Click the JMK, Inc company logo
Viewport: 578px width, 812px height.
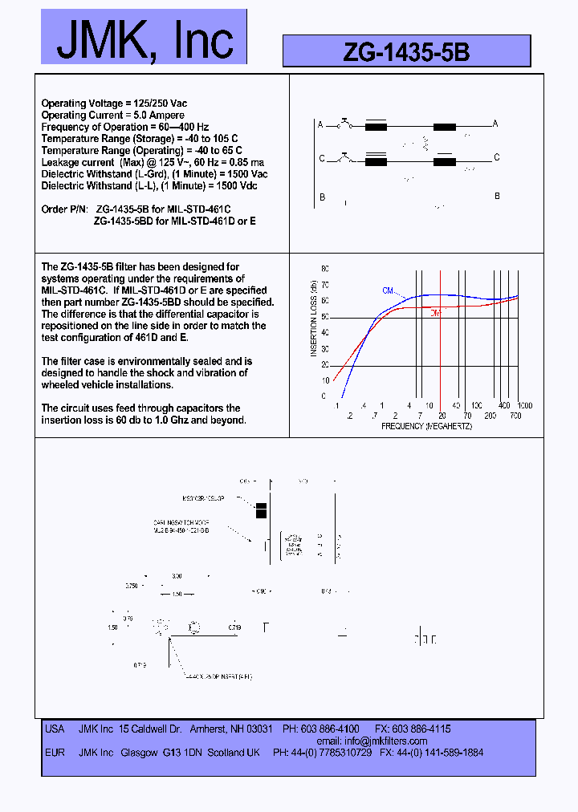tap(144, 38)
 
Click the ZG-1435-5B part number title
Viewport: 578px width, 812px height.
tap(406, 52)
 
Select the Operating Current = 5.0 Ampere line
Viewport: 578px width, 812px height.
tap(112, 116)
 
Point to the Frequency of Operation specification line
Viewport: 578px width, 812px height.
tap(124, 127)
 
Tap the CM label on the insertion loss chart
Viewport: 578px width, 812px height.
tap(388, 290)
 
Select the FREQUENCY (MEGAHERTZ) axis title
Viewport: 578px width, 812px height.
tap(426, 426)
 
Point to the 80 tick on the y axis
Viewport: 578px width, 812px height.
tap(325, 269)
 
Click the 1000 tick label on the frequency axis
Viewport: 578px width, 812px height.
tap(525, 406)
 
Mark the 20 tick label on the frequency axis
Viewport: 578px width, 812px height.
tap(442, 416)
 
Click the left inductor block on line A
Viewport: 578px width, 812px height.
tap(376, 126)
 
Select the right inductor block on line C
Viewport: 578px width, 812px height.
tap(444, 161)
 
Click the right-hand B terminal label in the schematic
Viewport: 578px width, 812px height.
tap(497, 197)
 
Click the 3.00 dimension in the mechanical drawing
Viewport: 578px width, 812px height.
tap(177, 576)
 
